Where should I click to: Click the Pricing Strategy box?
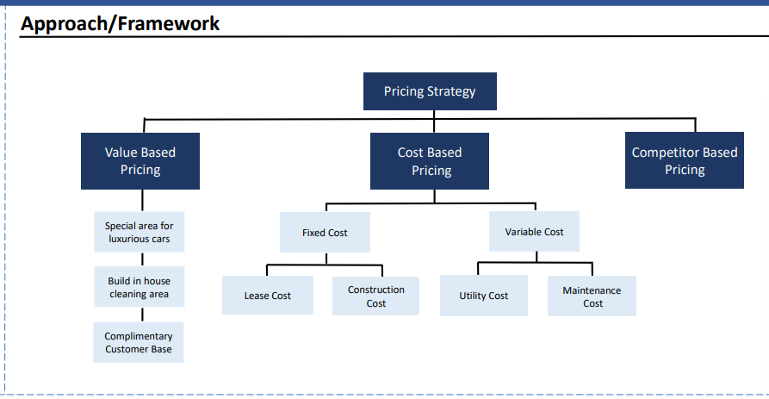[x=430, y=91]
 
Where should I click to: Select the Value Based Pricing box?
[x=140, y=161]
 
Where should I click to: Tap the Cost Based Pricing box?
[x=430, y=161]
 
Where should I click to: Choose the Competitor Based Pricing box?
[x=685, y=160]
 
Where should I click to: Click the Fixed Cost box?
[x=325, y=232]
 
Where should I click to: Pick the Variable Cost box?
[x=534, y=232]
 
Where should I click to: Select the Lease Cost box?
[x=268, y=296]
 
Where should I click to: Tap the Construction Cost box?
[x=375, y=296]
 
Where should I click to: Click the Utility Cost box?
[x=484, y=296]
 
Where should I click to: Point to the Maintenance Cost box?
[x=592, y=296]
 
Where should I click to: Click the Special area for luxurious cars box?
[x=140, y=232]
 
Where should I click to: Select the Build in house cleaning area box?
[x=140, y=287]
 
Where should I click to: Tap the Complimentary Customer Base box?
[x=139, y=343]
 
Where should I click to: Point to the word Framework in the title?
[x=169, y=23]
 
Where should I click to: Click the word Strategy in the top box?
[x=451, y=91]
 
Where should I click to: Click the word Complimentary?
[x=139, y=337]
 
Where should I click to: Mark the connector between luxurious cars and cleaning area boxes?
[x=143, y=259]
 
